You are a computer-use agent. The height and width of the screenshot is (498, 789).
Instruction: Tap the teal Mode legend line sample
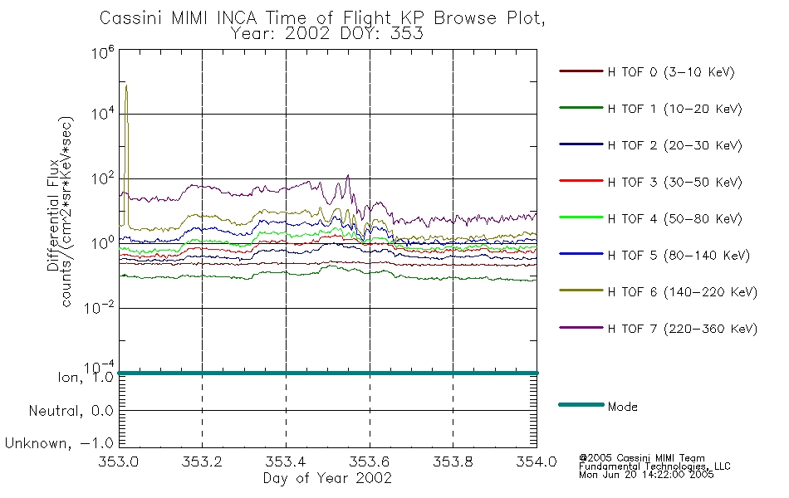pyautogui.click(x=580, y=405)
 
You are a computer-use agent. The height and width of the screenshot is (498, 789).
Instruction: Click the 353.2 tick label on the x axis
pyautogui.click(x=202, y=462)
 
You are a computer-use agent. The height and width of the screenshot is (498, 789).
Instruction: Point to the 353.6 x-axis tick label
pyautogui.click(x=369, y=462)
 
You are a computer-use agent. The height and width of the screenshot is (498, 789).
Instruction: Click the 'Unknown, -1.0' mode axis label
pyautogui.click(x=60, y=443)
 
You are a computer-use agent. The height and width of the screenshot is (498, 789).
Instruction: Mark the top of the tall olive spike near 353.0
pyautogui.click(x=126, y=85)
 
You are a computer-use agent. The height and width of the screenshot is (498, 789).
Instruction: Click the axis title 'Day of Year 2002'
pyautogui.click(x=327, y=479)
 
